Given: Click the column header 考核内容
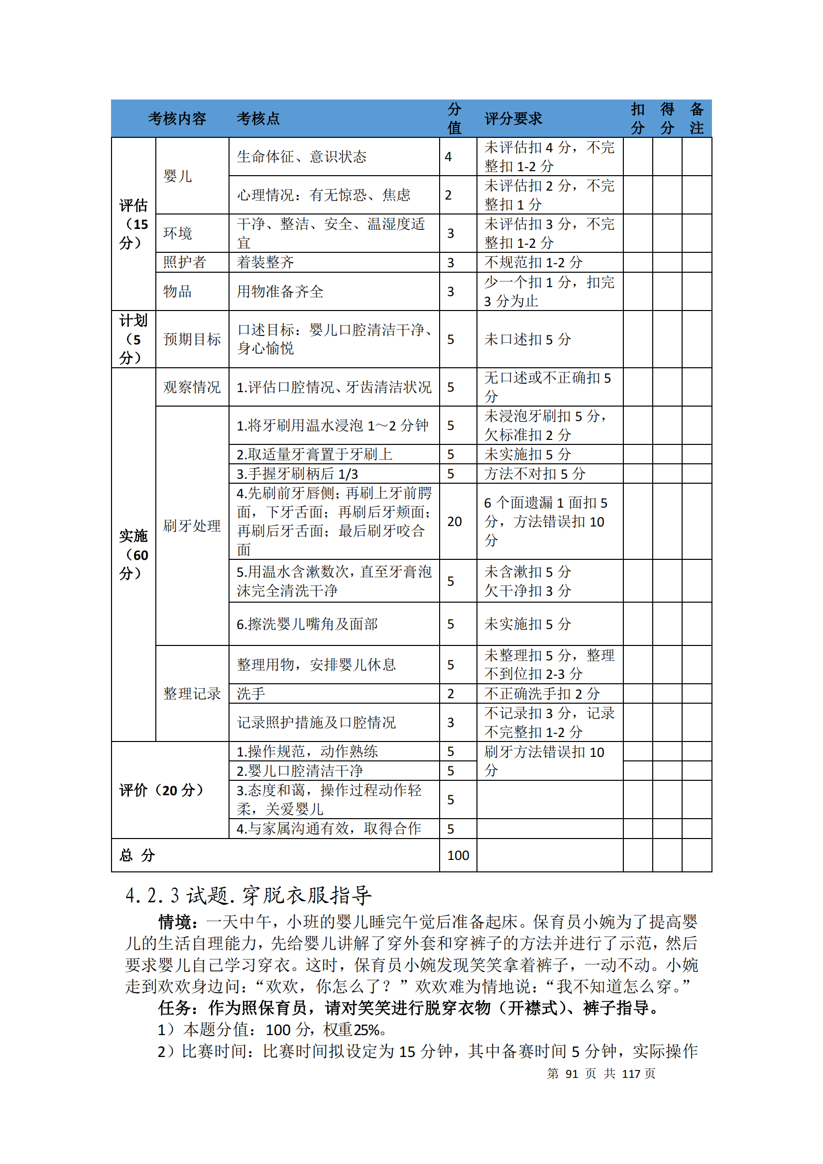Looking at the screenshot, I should pyautogui.click(x=177, y=118).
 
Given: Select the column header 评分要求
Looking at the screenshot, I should pyautogui.click(x=513, y=118).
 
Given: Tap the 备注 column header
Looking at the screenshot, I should pyautogui.click(x=696, y=118).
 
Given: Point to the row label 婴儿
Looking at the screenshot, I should pyautogui.click(x=177, y=176).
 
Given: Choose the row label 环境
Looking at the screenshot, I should pyautogui.click(x=177, y=233).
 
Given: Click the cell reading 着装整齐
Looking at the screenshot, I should pyautogui.click(x=265, y=262).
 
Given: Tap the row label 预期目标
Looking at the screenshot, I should pyautogui.click(x=192, y=339).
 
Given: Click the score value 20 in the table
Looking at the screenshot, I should pyautogui.click(x=454, y=521).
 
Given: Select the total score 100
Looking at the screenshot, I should pyautogui.click(x=458, y=855).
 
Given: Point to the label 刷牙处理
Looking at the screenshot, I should pyautogui.click(x=192, y=526).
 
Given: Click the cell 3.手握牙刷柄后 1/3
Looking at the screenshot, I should pyautogui.click(x=297, y=474).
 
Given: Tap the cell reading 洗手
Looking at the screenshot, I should pyautogui.click(x=250, y=694).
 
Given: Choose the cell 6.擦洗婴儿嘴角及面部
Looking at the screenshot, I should pyautogui.click(x=307, y=624).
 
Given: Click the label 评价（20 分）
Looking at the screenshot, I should pyautogui.click(x=162, y=790).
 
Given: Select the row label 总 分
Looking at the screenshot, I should pyautogui.click(x=137, y=855).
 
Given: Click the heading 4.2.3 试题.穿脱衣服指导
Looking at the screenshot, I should pyautogui.click(x=248, y=896).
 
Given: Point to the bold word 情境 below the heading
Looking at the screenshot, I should pyautogui.click(x=174, y=922).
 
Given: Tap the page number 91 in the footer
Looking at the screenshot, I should pyautogui.click(x=572, y=1073).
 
